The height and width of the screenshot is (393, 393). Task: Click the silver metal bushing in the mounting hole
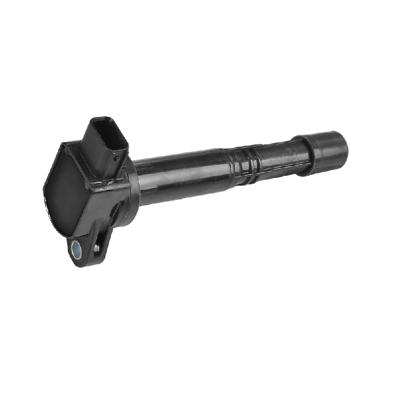pos(77,248)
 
